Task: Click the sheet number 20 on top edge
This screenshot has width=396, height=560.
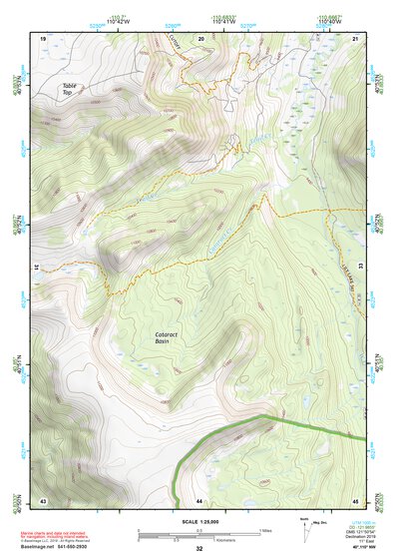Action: pyautogui.click(x=200, y=38)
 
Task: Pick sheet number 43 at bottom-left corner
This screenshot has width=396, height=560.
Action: pyautogui.click(x=43, y=499)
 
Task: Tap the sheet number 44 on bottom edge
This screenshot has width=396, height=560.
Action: pyautogui.click(x=199, y=499)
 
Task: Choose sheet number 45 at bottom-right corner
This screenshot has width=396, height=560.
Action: pyautogui.click(x=356, y=499)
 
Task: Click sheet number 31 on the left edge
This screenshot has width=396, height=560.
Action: pyautogui.click(x=37, y=269)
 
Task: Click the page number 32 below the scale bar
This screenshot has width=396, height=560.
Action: pyautogui.click(x=199, y=549)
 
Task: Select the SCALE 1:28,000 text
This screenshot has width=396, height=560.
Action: pyautogui.click(x=199, y=521)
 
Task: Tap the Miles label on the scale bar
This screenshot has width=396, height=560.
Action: pyautogui.click(x=265, y=530)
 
